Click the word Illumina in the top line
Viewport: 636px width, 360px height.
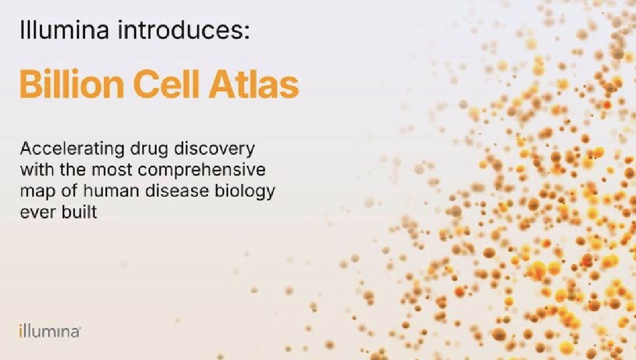(65, 30)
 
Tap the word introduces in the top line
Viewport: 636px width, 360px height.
(180, 30)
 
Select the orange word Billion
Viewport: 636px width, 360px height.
(72, 84)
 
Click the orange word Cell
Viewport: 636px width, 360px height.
(166, 84)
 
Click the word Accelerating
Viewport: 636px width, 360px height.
(72, 149)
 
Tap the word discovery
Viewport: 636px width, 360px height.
(215, 149)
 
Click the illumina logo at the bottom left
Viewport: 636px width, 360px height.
(50, 331)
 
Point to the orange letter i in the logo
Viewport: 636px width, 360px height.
(21, 331)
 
